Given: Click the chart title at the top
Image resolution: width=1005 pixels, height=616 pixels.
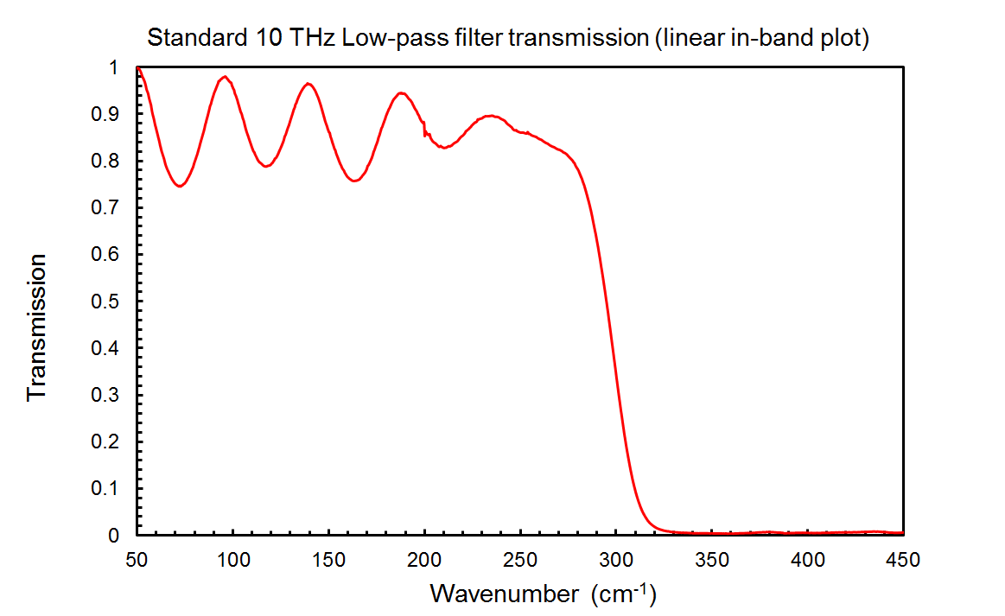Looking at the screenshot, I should pyautogui.click(x=507, y=39).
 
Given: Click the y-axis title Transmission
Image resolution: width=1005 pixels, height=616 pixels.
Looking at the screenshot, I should pyautogui.click(x=36, y=328).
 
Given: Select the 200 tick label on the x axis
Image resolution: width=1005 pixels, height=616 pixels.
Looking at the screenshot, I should pyautogui.click(x=423, y=560).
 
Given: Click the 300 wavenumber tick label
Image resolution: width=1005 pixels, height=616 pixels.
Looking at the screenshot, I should pyautogui.click(x=615, y=560).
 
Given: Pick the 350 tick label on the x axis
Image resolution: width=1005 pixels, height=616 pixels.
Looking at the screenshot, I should pyautogui.click(x=711, y=560).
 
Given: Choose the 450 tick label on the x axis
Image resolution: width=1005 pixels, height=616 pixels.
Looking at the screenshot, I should pyautogui.click(x=903, y=560).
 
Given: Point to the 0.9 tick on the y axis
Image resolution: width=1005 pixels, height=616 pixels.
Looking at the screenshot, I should pyautogui.click(x=106, y=114).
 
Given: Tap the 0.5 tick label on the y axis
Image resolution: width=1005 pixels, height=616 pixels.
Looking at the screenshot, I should pyautogui.click(x=106, y=302).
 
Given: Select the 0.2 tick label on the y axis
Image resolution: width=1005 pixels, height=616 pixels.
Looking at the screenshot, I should pyautogui.click(x=106, y=441).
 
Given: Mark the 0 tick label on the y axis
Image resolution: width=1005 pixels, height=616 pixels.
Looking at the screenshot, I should pyautogui.click(x=113, y=536).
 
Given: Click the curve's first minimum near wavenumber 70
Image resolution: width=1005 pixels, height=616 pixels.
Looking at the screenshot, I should pyautogui.click(x=180, y=185).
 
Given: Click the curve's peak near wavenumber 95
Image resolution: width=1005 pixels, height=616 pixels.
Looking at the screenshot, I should pyautogui.click(x=225, y=77).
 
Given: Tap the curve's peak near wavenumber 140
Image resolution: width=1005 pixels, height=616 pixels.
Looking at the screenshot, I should pyautogui.click(x=308, y=84).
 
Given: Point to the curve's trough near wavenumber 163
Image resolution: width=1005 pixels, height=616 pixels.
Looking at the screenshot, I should pyautogui.click(x=354, y=181).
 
